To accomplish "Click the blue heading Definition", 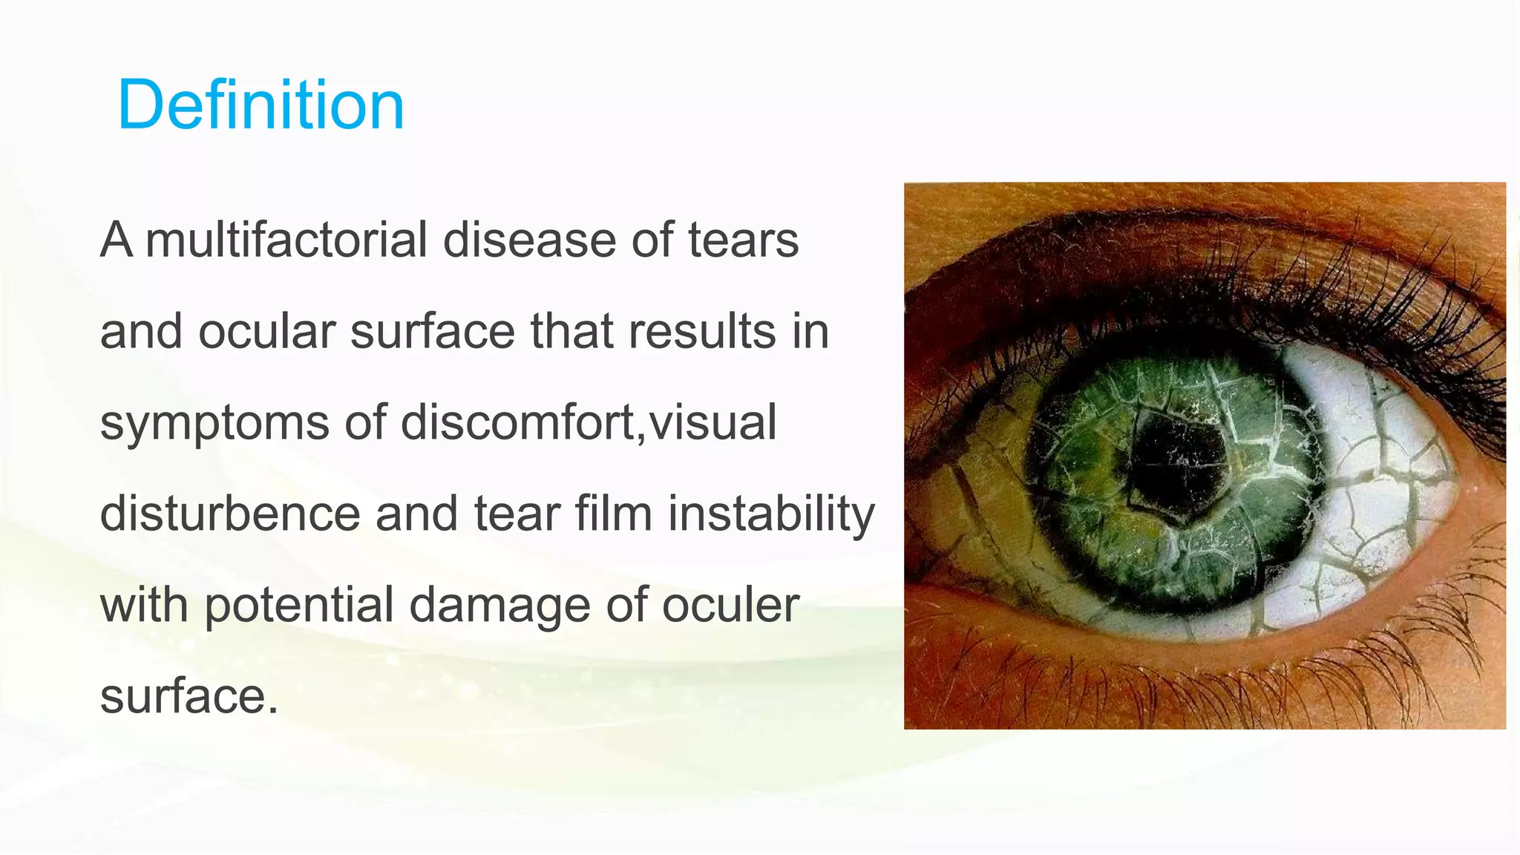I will tap(261, 105).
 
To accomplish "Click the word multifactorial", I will tap(286, 240).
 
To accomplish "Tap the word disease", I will tap(530, 240).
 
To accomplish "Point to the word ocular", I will tap(266, 331).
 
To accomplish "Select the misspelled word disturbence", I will tap(230, 514).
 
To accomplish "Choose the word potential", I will tap(298, 606).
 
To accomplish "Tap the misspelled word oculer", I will tap(730, 605).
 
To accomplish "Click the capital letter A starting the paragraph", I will tap(117, 240).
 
